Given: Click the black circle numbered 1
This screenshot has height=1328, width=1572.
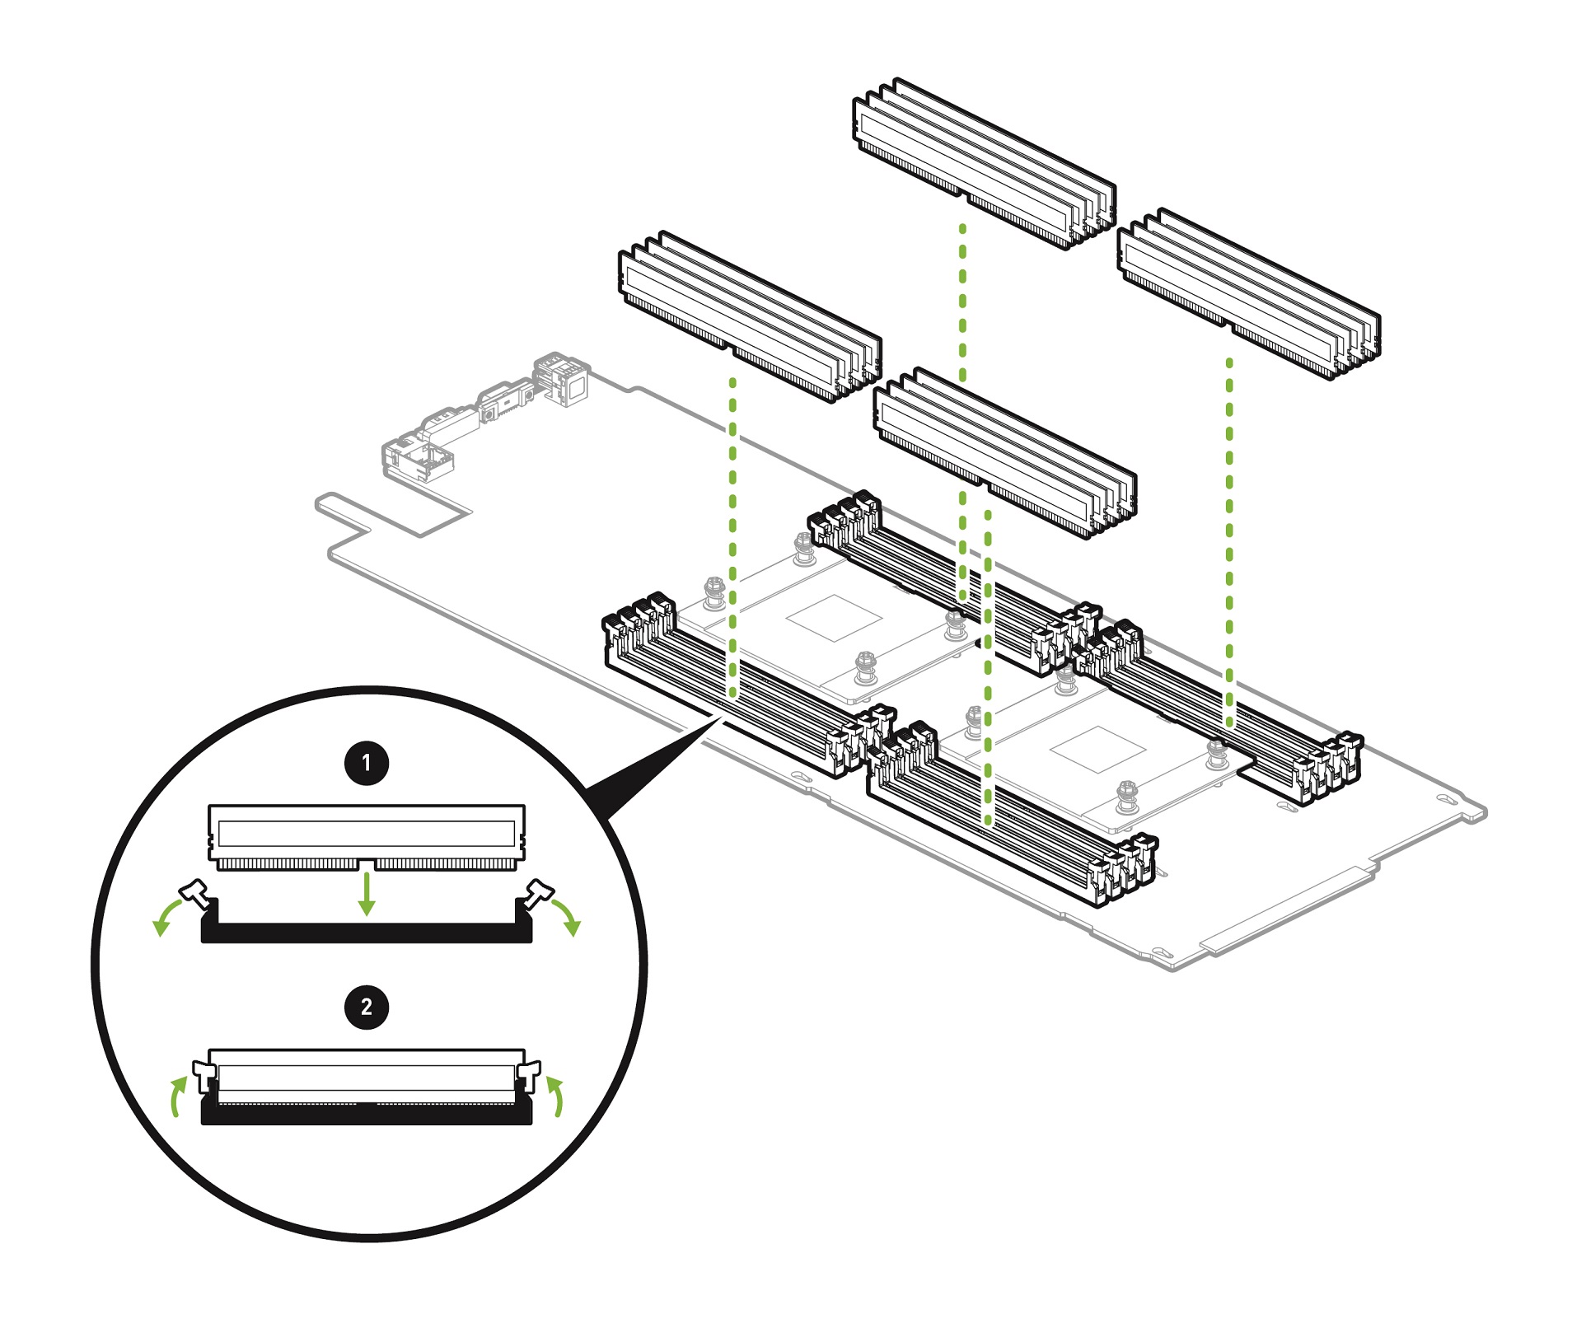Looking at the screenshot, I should point(367,763).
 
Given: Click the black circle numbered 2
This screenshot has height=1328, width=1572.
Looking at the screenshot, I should point(367,1006).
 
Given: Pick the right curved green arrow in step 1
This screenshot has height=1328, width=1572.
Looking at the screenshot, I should point(566,917).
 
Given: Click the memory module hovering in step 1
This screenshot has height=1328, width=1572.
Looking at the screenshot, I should point(367,835).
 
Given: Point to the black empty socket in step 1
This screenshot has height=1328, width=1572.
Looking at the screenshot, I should point(367,932).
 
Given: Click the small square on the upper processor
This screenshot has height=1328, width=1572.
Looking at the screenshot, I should point(834,617).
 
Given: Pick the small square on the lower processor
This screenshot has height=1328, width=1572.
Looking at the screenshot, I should point(1097,749).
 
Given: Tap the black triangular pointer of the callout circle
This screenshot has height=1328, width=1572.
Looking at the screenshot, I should point(651,770).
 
